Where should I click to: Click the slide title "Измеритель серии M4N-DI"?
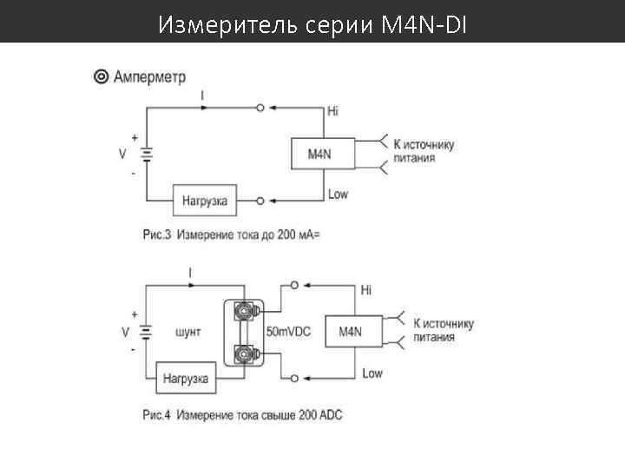(x=312, y=25)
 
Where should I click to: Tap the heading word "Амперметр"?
(x=149, y=77)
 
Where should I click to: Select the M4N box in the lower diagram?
(x=351, y=331)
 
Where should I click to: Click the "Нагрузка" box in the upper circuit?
(x=204, y=201)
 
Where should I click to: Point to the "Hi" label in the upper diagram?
(x=332, y=111)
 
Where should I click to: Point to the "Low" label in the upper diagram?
(x=337, y=194)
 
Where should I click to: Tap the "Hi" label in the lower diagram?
(x=365, y=289)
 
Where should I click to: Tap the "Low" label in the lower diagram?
(x=372, y=373)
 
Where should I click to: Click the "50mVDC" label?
(x=289, y=332)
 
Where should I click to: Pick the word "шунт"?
(x=188, y=332)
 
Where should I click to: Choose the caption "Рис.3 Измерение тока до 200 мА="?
(x=231, y=234)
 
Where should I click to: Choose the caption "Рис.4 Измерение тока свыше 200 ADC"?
(x=242, y=415)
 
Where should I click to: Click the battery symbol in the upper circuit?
(x=147, y=155)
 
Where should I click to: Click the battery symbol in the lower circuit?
(x=147, y=332)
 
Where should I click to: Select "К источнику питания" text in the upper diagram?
(x=424, y=151)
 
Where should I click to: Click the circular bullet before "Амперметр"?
(x=101, y=77)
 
